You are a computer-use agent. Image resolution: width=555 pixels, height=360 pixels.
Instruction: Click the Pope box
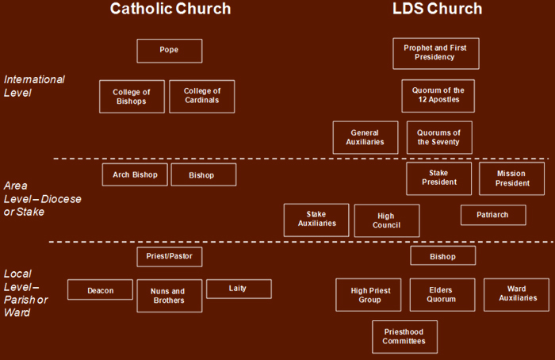[170, 51]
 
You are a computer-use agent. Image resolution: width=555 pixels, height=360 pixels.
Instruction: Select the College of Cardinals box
[201, 97]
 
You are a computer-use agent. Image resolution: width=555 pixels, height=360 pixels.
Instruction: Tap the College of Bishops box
[132, 97]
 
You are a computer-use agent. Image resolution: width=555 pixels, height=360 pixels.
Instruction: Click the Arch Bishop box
[135, 174]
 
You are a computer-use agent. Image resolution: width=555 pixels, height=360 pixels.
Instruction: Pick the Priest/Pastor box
[170, 257]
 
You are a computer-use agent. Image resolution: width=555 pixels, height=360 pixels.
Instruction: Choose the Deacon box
[100, 289]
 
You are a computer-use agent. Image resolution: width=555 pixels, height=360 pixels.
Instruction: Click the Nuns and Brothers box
[170, 296]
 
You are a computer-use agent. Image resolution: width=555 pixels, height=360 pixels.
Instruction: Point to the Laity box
[239, 289]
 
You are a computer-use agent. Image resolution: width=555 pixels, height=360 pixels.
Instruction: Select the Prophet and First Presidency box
[436, 53]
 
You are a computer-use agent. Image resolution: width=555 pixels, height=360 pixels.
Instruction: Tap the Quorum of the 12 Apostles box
[438, 96]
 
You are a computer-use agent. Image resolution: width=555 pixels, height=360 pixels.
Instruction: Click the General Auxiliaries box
[366, 138]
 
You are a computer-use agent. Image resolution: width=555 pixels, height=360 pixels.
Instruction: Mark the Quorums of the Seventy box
[439, 138]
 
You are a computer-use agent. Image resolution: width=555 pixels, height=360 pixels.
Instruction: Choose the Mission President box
[512, 178]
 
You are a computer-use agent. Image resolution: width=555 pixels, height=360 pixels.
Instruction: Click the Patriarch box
[493, 215]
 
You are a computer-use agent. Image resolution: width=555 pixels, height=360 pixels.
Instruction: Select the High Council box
[387, 220]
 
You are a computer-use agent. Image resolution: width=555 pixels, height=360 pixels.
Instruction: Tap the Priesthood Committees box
[405, 337]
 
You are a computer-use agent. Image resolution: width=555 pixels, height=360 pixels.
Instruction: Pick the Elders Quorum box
[442, 295]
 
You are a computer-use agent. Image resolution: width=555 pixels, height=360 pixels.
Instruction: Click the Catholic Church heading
[170, 9]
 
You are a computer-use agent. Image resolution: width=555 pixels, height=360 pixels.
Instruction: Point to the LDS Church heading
[437, 9]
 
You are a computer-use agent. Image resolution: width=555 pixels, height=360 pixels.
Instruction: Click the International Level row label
[34, 86]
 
